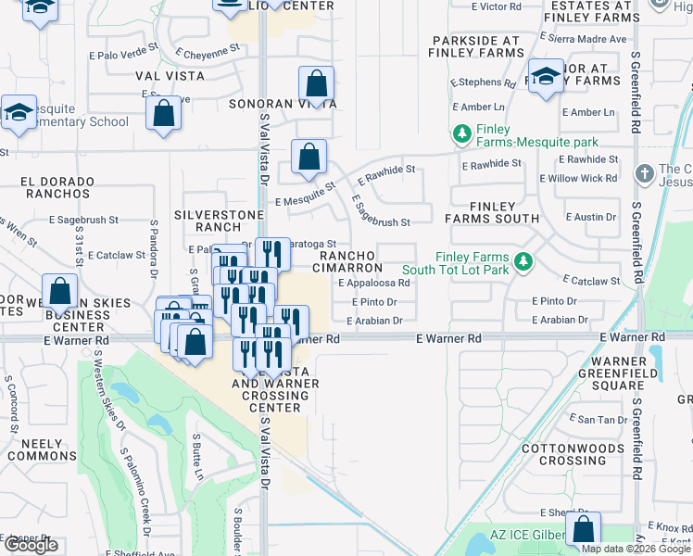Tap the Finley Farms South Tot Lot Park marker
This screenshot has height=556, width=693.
point(523,262)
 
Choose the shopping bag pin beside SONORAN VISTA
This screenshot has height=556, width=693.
point(316,85)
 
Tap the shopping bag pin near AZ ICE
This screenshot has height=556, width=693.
point(583,530)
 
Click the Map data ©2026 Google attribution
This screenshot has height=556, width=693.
point(636,549)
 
